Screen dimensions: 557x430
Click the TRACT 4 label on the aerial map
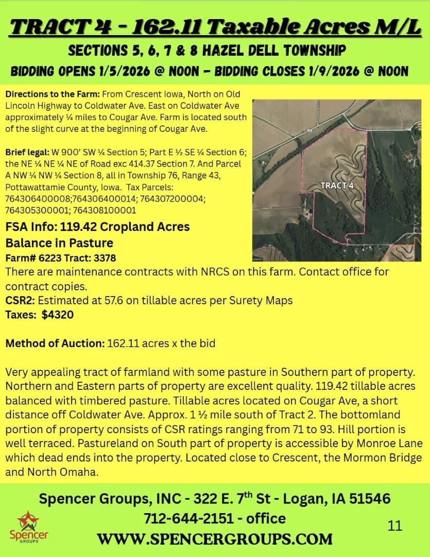(340, 185)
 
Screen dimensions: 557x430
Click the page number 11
(395, 526)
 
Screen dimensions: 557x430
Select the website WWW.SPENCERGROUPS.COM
(215, 539)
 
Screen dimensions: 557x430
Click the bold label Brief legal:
(27, 153)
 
